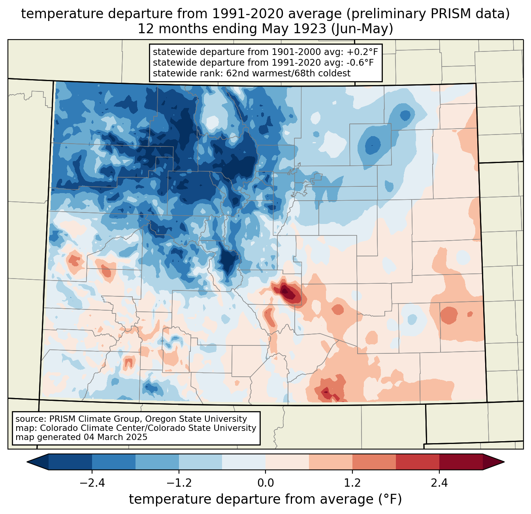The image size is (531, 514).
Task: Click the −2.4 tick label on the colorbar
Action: (92, 484)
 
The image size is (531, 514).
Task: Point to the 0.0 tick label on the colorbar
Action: (265, 484)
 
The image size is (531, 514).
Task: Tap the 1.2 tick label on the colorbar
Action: (352, 484)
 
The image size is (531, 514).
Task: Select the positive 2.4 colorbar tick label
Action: (439, 484)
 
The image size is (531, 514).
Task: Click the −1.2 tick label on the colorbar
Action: (179, 484)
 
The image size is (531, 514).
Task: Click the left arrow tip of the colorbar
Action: (27, 462)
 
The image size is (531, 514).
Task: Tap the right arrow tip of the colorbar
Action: (504, 462)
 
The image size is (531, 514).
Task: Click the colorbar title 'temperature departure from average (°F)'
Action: (265, 499)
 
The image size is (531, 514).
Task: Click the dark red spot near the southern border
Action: (326, 393)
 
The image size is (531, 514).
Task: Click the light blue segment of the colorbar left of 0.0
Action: (200, 462)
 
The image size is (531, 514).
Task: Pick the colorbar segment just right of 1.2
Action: (374, 462)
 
